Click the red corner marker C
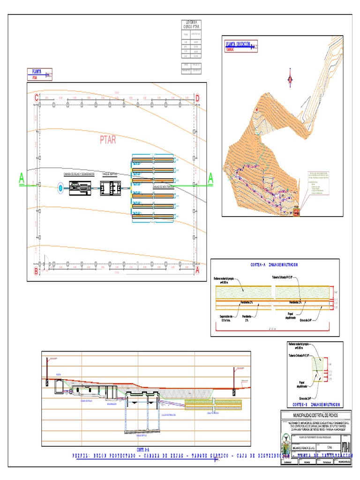tap(36, 98)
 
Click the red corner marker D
tap(197, 98)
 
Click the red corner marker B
tap(36, 270)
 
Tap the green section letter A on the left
tap(21, 178)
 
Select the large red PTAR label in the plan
tap(108, 140)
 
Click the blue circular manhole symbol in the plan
tap(60, 188)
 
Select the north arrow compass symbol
tap(290, 79)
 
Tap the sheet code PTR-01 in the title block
tap(346, 445)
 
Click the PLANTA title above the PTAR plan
tap(37, 72)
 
